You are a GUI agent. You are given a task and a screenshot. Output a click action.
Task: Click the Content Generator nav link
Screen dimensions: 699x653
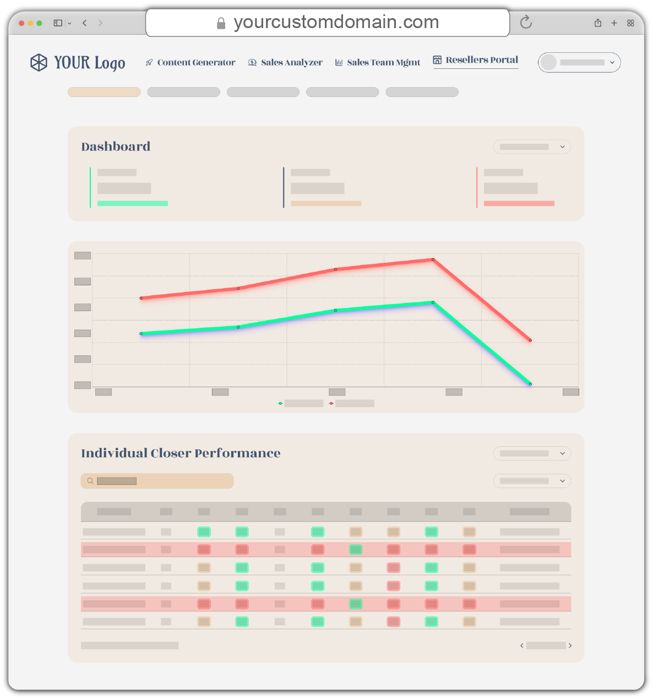click(x=191, y=63)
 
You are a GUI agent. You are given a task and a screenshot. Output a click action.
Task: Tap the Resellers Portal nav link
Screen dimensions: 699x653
click(x=476, y=60)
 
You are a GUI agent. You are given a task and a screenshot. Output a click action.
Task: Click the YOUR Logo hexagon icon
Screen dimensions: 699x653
click(x=39, y=63)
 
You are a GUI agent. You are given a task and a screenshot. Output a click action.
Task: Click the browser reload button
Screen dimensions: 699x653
click(x=526, y=22)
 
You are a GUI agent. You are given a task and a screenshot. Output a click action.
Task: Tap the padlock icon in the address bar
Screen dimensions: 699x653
click(x=221, y=23)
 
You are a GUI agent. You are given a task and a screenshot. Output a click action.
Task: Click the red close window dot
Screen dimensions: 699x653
click(x=21, y=23)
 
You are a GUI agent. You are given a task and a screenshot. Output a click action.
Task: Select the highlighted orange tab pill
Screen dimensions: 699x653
click(x=104, y=92)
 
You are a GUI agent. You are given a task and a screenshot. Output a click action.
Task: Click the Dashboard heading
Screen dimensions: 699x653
click(x=116, y=147)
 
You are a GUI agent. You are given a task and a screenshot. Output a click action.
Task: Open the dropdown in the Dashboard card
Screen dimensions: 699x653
click(x=532, y=147)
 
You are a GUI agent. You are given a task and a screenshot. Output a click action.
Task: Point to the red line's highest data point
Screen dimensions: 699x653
click(x=433, y=259)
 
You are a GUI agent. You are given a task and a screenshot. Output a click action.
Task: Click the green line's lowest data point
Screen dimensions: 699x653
click(x=530, y=384)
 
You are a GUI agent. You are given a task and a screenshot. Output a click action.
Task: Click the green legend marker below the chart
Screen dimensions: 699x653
click(x=280, y=404)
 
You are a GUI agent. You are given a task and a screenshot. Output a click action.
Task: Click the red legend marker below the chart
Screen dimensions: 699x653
click(x=331, y=404)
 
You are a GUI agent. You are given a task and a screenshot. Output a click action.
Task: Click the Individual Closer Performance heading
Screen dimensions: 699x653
click(x=181, y=453)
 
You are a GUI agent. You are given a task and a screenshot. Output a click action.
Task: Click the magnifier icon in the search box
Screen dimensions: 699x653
click(x=90, y=481)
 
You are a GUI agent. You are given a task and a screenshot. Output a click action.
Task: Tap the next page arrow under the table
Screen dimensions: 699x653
click(x=570, y=646)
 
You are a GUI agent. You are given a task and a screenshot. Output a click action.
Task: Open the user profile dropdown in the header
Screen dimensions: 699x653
click(x=579, y=63)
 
